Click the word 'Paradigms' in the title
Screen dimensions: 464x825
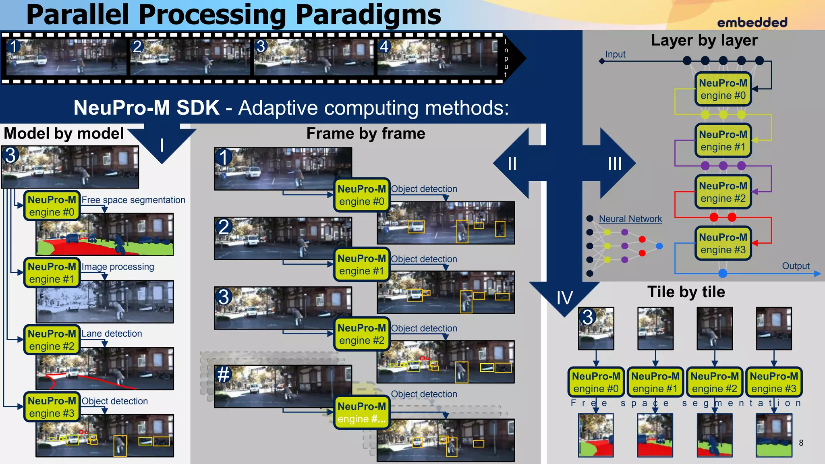368,15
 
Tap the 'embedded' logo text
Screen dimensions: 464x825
752,23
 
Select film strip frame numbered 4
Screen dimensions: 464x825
437,57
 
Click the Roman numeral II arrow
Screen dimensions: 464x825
512,164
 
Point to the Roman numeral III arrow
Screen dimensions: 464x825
615,164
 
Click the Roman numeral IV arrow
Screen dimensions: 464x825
564,298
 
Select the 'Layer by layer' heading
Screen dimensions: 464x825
704,40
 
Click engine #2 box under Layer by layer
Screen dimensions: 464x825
723,192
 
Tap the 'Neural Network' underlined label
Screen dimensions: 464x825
630,219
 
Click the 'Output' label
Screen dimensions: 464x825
795,266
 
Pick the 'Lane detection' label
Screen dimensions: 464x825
112,333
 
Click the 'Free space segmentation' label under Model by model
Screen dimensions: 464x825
133,200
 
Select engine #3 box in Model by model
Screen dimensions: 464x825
52,407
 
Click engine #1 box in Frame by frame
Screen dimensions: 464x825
361,265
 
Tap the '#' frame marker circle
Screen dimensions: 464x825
224,375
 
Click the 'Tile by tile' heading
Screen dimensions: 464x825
686,292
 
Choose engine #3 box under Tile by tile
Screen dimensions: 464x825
773,382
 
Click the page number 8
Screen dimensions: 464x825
801,443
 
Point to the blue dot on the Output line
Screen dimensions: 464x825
723,273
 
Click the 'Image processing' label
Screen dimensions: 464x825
118,267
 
